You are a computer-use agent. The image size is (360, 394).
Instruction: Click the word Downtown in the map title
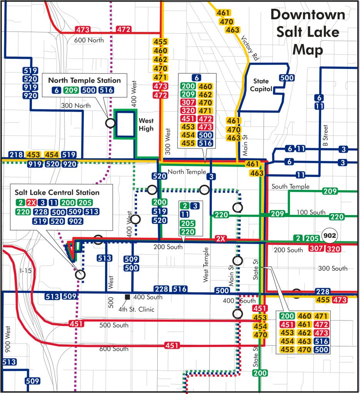coord(307,15)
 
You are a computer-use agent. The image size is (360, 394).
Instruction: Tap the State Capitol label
coord(263,85)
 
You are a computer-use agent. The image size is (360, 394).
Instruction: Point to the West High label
coord(146,124)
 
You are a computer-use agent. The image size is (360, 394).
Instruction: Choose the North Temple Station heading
coord(85,80)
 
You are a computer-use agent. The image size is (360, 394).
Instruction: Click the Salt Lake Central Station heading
coord(57,192)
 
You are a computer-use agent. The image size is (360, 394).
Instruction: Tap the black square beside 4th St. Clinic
coord(127,297)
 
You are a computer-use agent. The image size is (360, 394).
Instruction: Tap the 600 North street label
coord(89,40)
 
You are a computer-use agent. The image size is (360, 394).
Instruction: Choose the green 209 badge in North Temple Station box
coord(71,90)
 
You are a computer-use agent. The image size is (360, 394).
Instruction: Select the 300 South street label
coord(333,269)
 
